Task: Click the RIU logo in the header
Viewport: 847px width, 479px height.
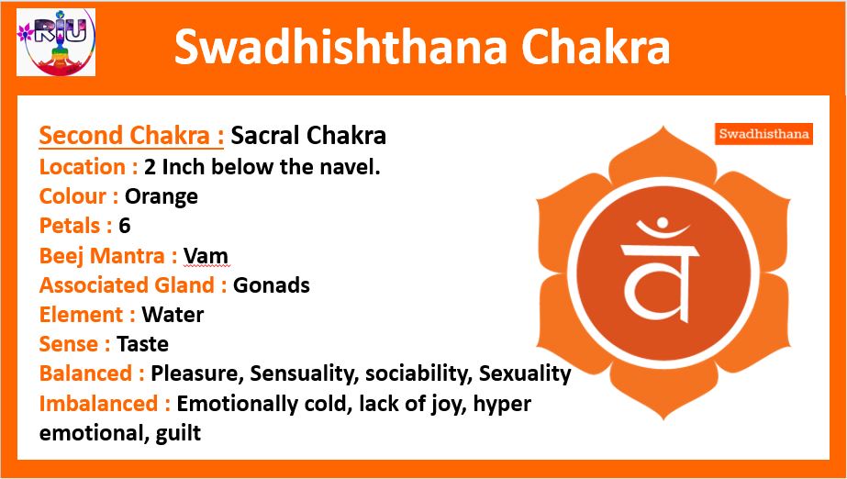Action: point(56,41)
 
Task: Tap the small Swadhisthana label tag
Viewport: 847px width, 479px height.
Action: point(763,134)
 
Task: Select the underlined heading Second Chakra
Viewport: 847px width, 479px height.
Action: point(131,136)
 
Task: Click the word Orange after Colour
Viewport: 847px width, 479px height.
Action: point(162,196)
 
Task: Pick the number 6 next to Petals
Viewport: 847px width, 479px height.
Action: point(125,226)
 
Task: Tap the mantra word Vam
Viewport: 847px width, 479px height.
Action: point(206,255)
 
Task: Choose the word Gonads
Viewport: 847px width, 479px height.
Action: point(272,285)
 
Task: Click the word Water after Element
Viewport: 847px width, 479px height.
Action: point(173,315)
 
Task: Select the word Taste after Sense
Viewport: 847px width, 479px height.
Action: point(142,344)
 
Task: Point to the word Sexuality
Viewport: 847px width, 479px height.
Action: point(525,374)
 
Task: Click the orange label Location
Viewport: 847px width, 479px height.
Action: point(89,167)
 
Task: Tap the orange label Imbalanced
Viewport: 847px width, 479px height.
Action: point(105,404)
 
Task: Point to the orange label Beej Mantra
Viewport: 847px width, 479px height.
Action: point(108,256)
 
